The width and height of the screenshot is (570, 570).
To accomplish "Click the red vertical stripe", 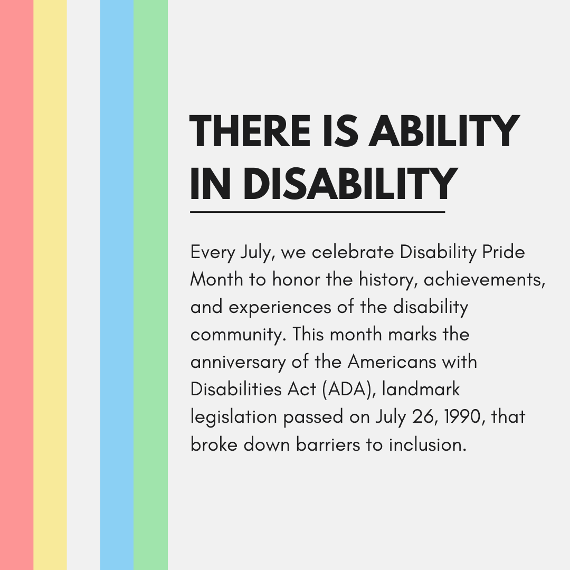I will [x=16, y=285].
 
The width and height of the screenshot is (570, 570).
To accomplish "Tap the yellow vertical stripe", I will [x=50, y=285].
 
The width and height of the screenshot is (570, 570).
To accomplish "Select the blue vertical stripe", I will [x=117, y=285].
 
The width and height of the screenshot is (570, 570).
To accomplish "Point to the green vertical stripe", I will [x=150, y=285].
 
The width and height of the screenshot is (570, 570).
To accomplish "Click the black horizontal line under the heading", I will [x=317, y=212].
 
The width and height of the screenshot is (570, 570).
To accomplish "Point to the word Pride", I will [x=504, y=252].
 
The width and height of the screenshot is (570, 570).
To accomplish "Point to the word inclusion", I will [x=428, y=444].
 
